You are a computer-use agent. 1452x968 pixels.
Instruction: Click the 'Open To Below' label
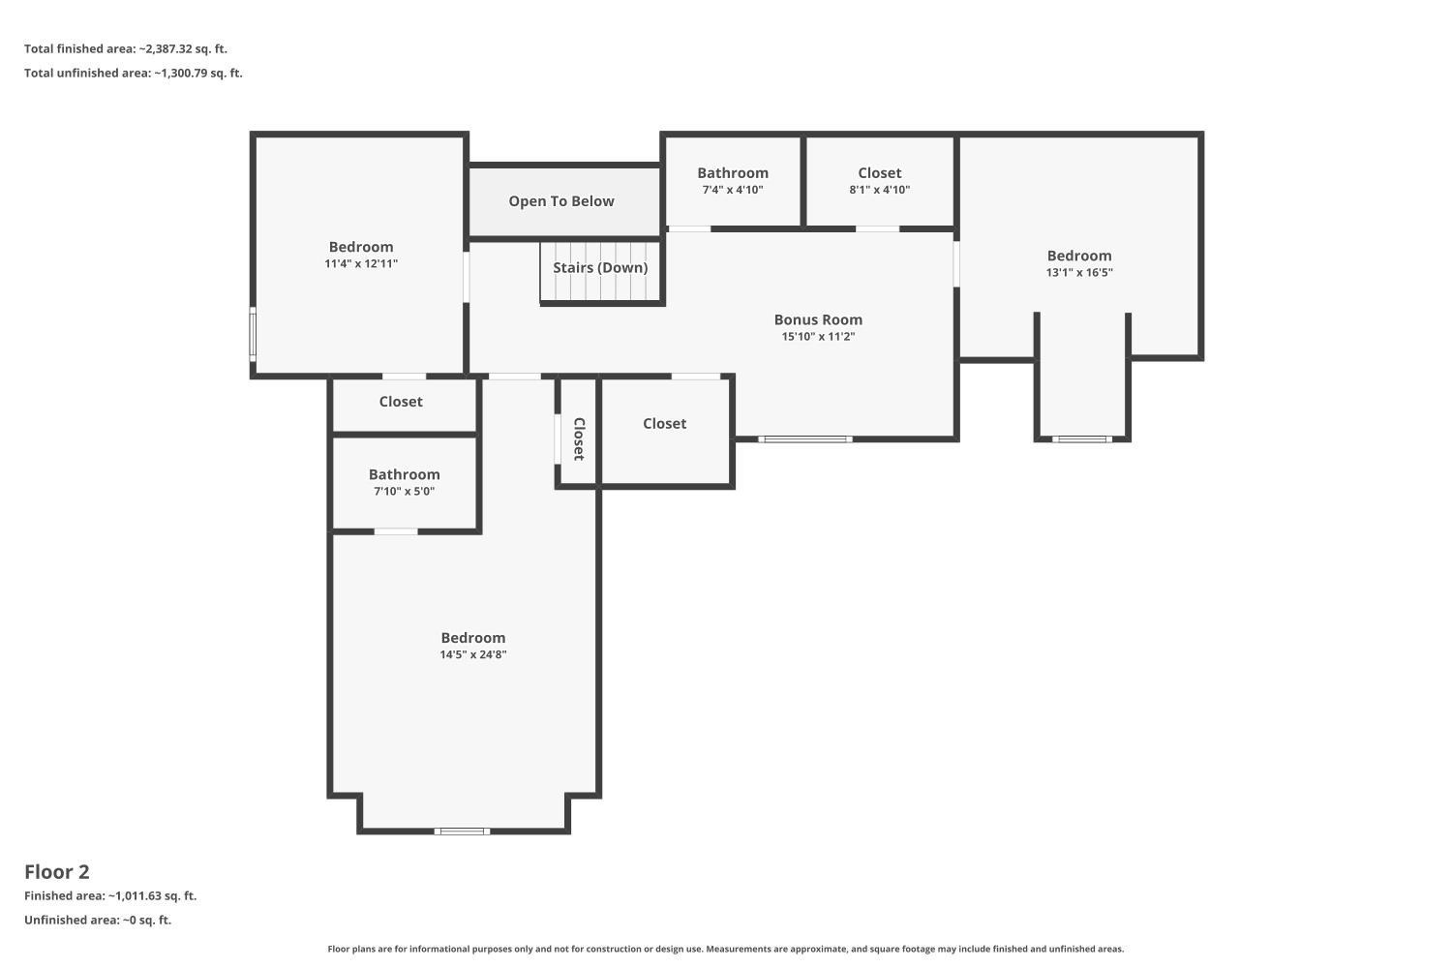tap(560, 201)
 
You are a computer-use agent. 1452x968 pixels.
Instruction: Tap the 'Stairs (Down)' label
tap(600, 268)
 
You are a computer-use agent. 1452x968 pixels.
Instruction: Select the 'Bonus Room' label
tap(818, 319)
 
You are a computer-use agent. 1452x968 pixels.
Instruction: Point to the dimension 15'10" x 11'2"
tap(818, 337)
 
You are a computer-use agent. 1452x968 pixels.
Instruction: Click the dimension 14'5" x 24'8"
tap(473, 654)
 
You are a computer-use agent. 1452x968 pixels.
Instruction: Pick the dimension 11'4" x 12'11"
tap(361, 264)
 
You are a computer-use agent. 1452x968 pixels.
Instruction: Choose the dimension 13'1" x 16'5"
tap(1079, 273)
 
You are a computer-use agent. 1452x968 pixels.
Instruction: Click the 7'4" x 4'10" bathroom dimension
tap(733, 190)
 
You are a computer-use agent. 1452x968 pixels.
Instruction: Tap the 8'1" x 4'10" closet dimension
tap(880, 190)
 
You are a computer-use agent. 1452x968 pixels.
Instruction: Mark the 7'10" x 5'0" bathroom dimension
tap(404, 492)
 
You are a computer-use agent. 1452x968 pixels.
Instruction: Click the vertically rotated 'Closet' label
tap(579, 439)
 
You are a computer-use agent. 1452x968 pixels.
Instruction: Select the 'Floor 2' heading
tap(57, 872)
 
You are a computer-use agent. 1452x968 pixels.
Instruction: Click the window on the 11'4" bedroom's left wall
tap(253, 334)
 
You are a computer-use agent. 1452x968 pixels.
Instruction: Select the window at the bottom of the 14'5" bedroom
tap(462, 832)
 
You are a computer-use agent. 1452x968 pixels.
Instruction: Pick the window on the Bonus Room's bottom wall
tap(805, 439)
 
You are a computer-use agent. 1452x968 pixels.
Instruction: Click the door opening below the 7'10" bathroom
tap(396, 531)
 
